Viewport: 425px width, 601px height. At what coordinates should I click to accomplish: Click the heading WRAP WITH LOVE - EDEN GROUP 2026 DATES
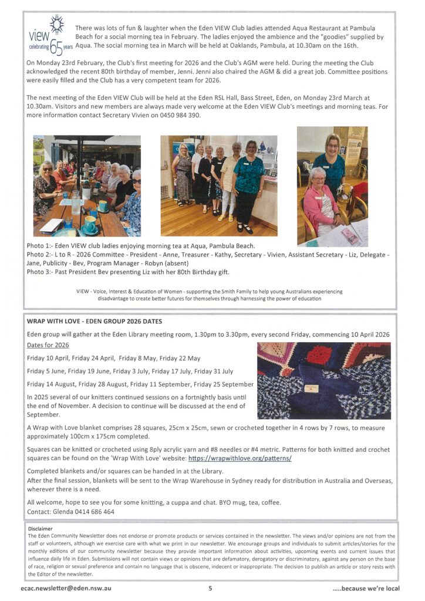click(95, 322)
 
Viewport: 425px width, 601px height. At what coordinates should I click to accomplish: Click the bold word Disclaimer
click(41, 528)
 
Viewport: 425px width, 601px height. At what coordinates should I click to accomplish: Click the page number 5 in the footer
click(210, 588)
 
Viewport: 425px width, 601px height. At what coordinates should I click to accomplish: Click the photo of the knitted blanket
click(323, 381)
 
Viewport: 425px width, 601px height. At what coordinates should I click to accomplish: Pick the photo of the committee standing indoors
click(219, 185)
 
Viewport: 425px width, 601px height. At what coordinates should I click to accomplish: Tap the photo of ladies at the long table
click(87, 185)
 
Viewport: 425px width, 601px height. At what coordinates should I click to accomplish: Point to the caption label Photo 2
click(40, 255)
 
